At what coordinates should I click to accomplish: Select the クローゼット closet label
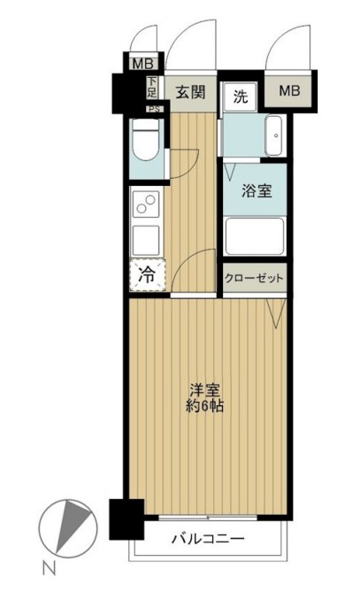coord(255,277)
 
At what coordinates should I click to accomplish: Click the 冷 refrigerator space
coord(149,274)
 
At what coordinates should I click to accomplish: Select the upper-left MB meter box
coord(140,64)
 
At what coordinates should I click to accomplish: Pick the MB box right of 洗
coord(290,91)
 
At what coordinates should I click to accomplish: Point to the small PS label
coord(153,109)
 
